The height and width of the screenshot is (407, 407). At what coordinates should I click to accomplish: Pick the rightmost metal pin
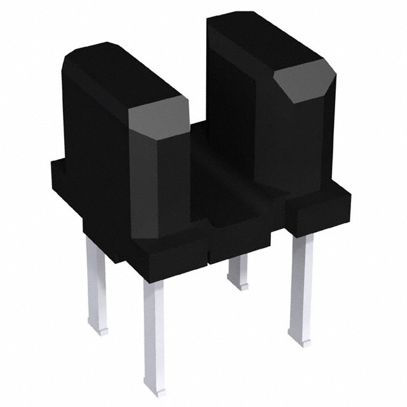click(x=300, y=286)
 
